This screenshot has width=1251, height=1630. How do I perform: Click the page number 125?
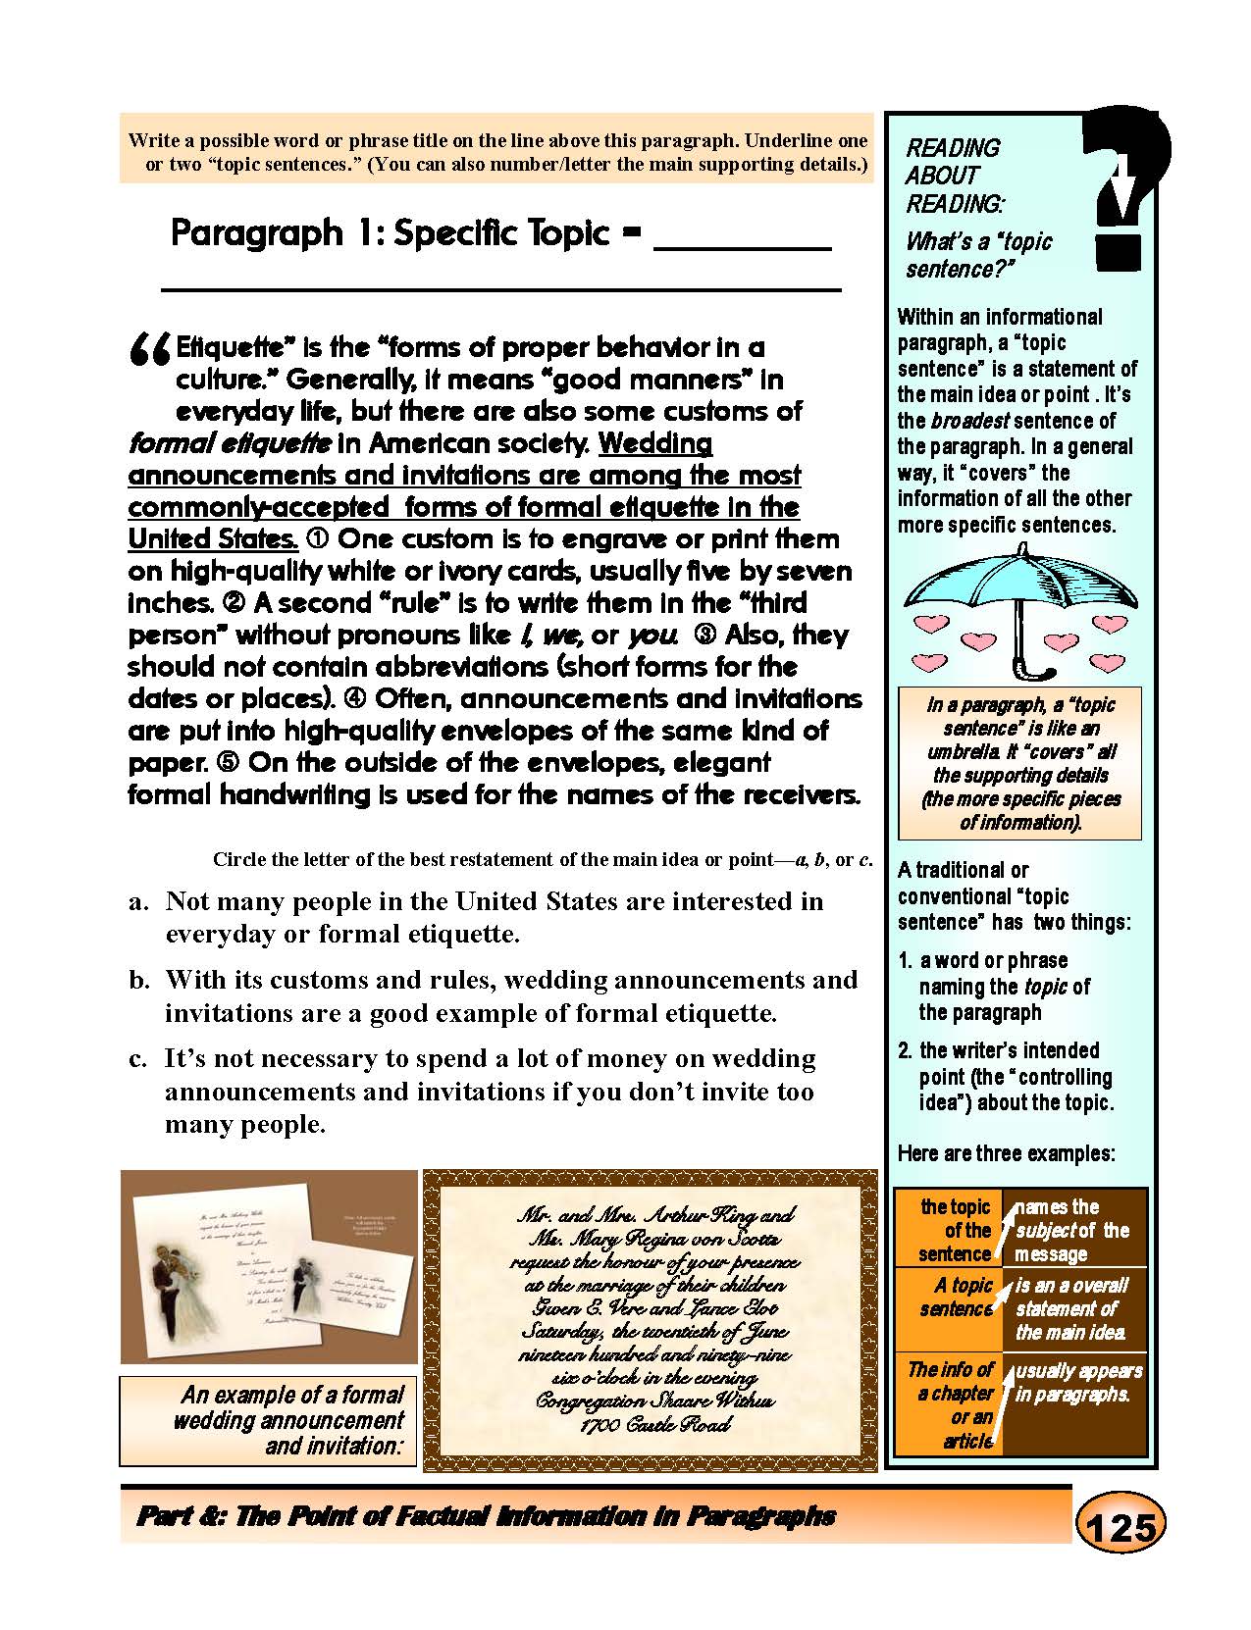coord(1121,1528)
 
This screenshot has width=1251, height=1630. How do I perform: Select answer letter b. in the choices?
coord(138,980)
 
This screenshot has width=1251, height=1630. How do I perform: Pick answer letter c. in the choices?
coord(138,1059)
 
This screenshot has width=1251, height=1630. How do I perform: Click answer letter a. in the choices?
coord(138,901)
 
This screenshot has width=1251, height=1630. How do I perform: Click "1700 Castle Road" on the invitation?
coord(655,1425)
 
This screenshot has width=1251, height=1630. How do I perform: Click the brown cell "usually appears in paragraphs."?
coord(1077,1382)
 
